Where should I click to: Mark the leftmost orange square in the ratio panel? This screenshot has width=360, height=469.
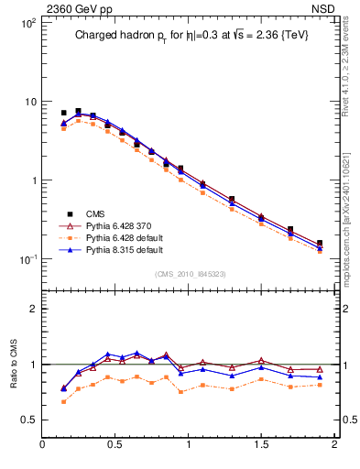pos(63,401)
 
